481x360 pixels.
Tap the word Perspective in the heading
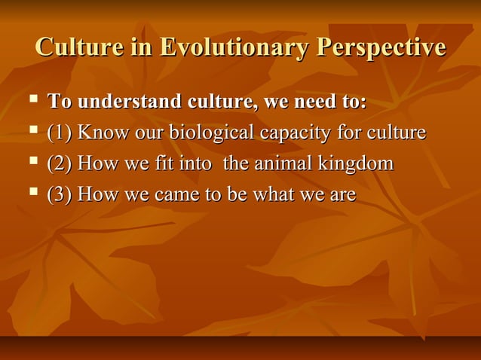coord(381,47)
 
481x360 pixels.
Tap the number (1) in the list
coord(60,133)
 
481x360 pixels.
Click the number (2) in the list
coord(60,163)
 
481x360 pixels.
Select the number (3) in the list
coord(60,194)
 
